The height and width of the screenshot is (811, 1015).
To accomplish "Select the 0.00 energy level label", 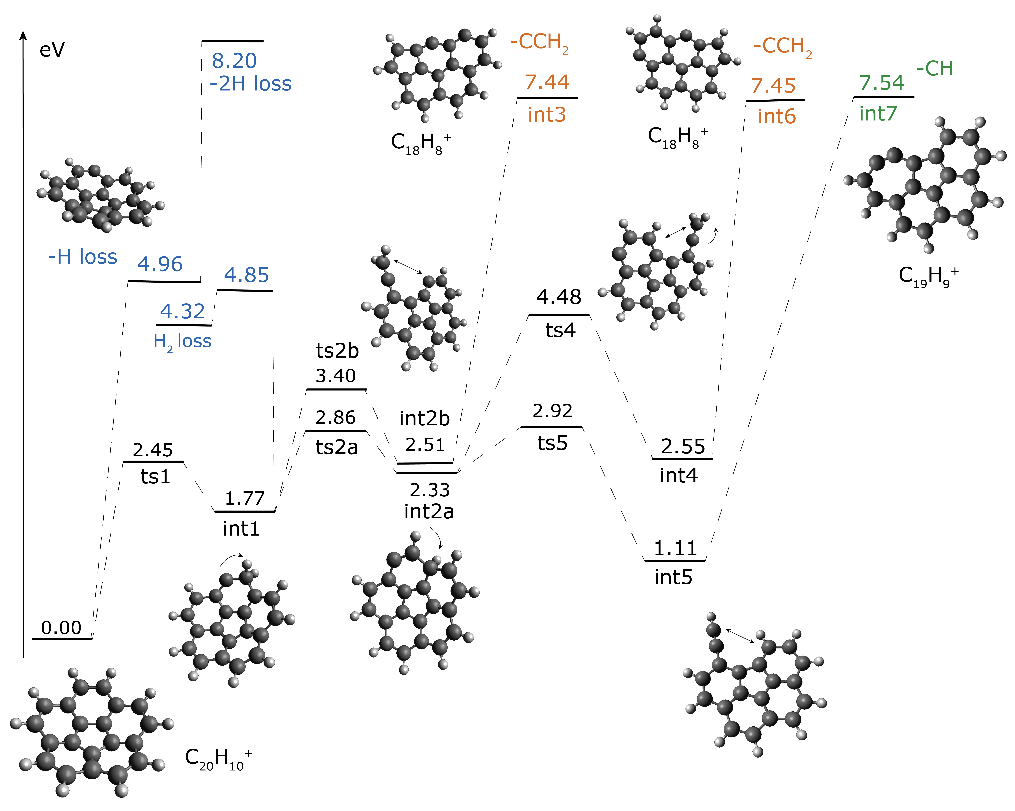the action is pyautogui.click(x=61, y=627).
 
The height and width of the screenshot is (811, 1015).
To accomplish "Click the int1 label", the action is pyautogui.click(x=241, y=529).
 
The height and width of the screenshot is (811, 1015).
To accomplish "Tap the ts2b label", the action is pyautogui.click(x=337, y=351).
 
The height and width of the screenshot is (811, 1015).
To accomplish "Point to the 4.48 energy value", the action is pyautogui.click(x=559, y=297).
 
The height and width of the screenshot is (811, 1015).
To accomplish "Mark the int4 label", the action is pyautogui.click(x=678, y=475).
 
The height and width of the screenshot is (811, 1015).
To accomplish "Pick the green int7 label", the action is pyautogui.click(x=878, y=113).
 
